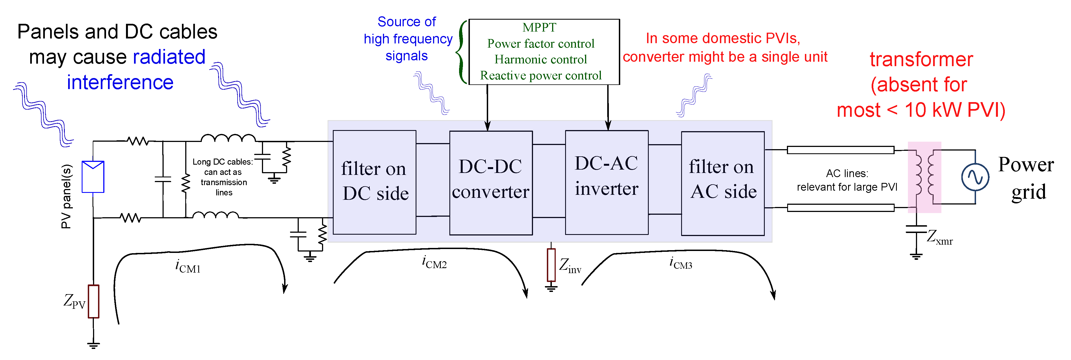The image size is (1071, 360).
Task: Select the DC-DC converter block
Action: [491, 183]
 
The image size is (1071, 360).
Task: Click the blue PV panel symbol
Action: [93, 177]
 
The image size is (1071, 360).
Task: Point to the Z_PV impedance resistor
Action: [94, 301]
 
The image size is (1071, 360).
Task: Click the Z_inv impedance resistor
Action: [551, 265]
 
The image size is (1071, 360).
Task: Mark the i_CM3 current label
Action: [681, 263]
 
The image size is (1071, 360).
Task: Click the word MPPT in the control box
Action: [539, 27]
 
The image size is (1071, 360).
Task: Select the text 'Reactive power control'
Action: [540, 75]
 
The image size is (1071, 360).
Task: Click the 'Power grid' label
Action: [1026, 178]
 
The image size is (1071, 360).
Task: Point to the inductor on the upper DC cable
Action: [228, 138]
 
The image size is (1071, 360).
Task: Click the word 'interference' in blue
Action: [120, 82]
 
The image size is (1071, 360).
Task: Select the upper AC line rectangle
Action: [840, 150]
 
